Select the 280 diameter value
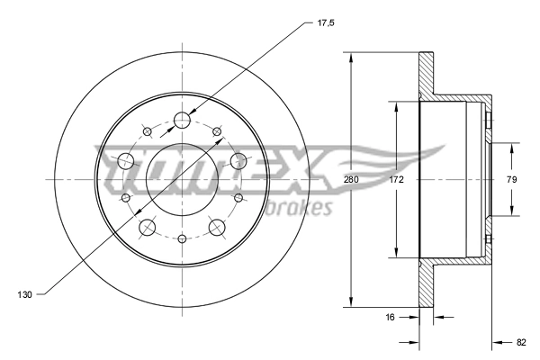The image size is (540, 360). click(351, 180)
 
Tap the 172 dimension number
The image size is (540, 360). click(397, 180)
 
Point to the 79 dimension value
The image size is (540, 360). click(511, 180)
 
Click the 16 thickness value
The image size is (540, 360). click(391, 317)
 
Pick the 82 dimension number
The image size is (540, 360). click(521, 342)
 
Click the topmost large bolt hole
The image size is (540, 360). click(183, 120)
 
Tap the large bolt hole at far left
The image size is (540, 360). click(125, 162)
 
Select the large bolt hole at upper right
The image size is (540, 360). click(238, 161)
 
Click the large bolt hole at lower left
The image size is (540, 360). click(147, 227)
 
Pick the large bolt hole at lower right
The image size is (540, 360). click(218, 227)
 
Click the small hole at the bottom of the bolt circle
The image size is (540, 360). click(183, 238)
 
